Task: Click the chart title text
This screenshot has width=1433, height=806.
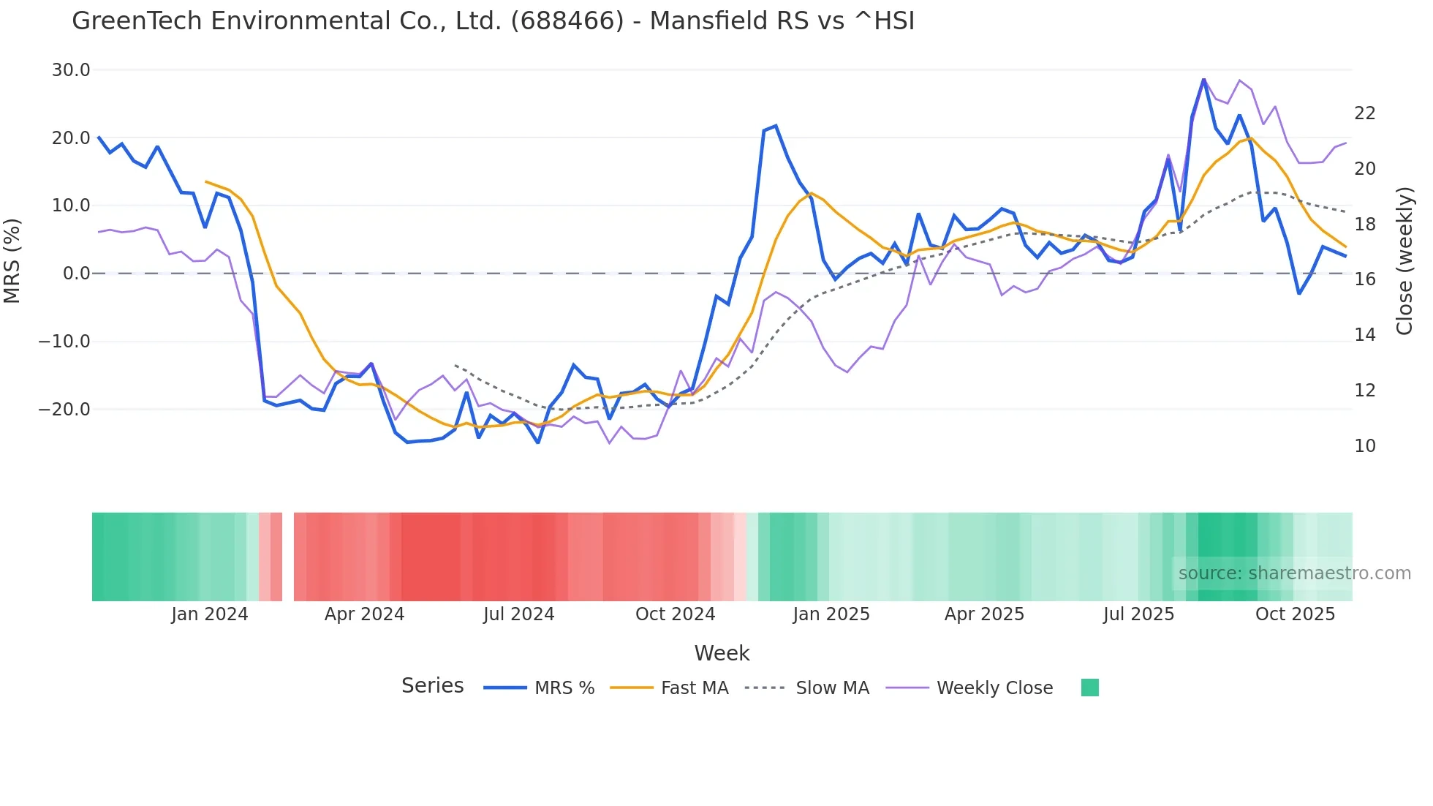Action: pyautogui.click(x=493, y=21)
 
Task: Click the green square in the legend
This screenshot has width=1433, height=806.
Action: pyautogui.click(x=1089, y=688)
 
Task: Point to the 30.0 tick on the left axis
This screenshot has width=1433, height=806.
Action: pyautogui.click(x=71, y=70)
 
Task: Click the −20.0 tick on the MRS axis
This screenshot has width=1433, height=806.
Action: pyautogui.click(x=64, y=410)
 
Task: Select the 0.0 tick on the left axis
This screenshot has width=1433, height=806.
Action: pyautogui.click(x=77, y=274)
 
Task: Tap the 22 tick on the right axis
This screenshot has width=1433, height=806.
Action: pyautogui.click(x=1364, y=113)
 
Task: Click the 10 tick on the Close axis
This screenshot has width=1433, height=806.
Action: pyautogui.click(x=1364, y=446)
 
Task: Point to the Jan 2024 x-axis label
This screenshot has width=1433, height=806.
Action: pyautogui.click(x=210, y=614)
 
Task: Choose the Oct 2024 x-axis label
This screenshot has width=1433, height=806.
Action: pyautogui.click(x=675, y=614)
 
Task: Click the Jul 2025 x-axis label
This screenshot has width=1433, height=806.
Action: pyautogui.click(x=1138, y=614)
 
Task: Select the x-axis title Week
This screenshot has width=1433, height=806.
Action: pyautogui.click(x=722, y=653)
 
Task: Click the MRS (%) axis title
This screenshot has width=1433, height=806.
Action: pyautogui.click(x=12, y=260)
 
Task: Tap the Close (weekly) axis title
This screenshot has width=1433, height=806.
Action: pyautogui.click(x=1404, y=261)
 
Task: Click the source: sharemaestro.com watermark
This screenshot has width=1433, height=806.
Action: pyautogui.click(x=1294, y=573)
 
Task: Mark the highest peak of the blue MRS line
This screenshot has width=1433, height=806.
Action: pyautogui.click(x=1203, y=79)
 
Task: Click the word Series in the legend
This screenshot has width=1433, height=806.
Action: pyautogui.click(x=432, y=686)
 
